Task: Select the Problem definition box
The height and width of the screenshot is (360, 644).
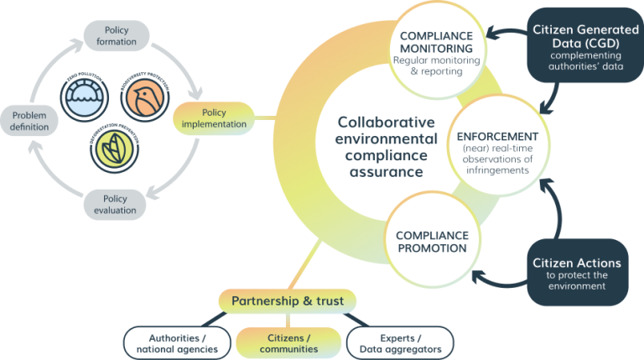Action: point(30,120)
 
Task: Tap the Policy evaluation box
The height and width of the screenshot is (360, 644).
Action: point(115,205)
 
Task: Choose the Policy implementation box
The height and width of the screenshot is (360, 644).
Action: point(214,118)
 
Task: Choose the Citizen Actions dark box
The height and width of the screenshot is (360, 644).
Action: point(576,273)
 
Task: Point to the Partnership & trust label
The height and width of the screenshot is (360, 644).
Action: point(288,300)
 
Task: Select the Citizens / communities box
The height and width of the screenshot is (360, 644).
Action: point(288,342)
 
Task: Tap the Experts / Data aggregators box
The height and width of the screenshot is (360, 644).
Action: point(400,342)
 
